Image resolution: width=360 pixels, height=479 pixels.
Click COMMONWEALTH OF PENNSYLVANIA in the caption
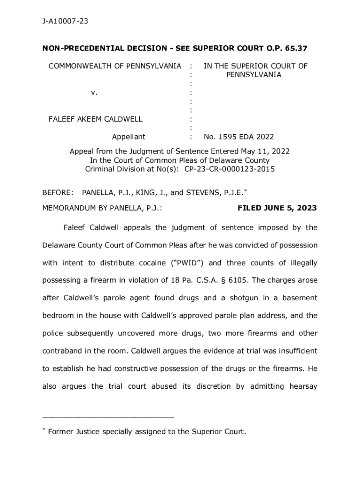click(x=115, y=66)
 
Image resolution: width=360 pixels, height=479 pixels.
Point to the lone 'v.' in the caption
click(x=94, y=93)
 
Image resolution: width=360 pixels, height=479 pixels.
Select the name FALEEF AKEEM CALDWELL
click(x=95, y=119)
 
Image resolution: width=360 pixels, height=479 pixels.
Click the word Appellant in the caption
click(x=128, y=137)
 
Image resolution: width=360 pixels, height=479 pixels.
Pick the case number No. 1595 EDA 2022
click(x=238, y=137)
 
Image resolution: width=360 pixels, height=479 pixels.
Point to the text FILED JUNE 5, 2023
click(x=277, y=208)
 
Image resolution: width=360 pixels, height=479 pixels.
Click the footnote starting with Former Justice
click(x=147, y=432)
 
